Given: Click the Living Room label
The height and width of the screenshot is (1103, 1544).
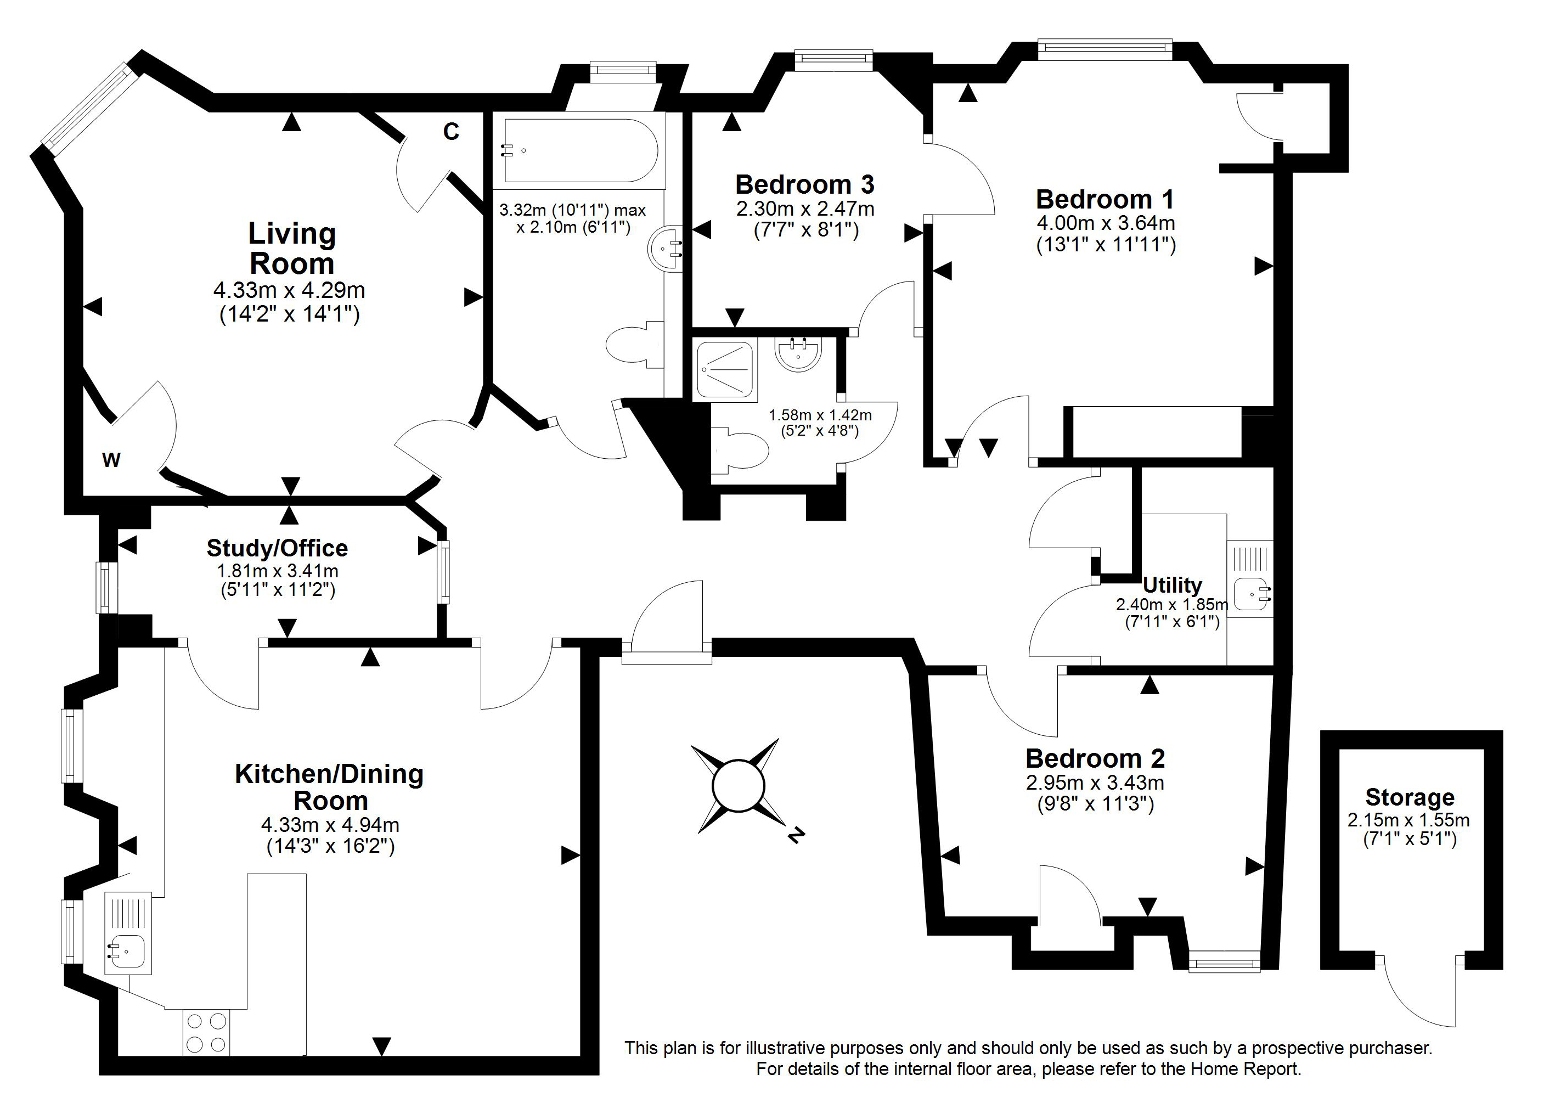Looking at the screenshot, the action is tap(292, 249).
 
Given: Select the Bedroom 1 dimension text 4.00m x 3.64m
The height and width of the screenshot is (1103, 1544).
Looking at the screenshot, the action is tap(1106, 223).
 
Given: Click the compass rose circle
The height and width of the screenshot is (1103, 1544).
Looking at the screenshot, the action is tap(738, 786).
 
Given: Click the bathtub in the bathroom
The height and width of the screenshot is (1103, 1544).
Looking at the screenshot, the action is tap(581, 151).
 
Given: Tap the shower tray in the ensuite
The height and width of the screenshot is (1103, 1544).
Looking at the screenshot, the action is tap(724, 369).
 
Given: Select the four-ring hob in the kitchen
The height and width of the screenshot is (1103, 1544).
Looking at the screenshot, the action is tap(206, 1032).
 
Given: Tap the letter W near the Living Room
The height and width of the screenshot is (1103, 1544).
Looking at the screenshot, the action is tap(111, 460).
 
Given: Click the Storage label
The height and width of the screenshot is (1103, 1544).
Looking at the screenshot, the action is tap(1410, 797).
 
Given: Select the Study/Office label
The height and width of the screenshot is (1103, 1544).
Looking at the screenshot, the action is tap(277, 548).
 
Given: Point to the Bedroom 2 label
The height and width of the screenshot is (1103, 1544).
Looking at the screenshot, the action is tap(1095, 758).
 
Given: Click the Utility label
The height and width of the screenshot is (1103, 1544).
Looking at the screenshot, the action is tap(1172, 585).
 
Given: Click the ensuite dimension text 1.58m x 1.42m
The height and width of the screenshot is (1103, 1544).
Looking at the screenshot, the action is tap(820, 415).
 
